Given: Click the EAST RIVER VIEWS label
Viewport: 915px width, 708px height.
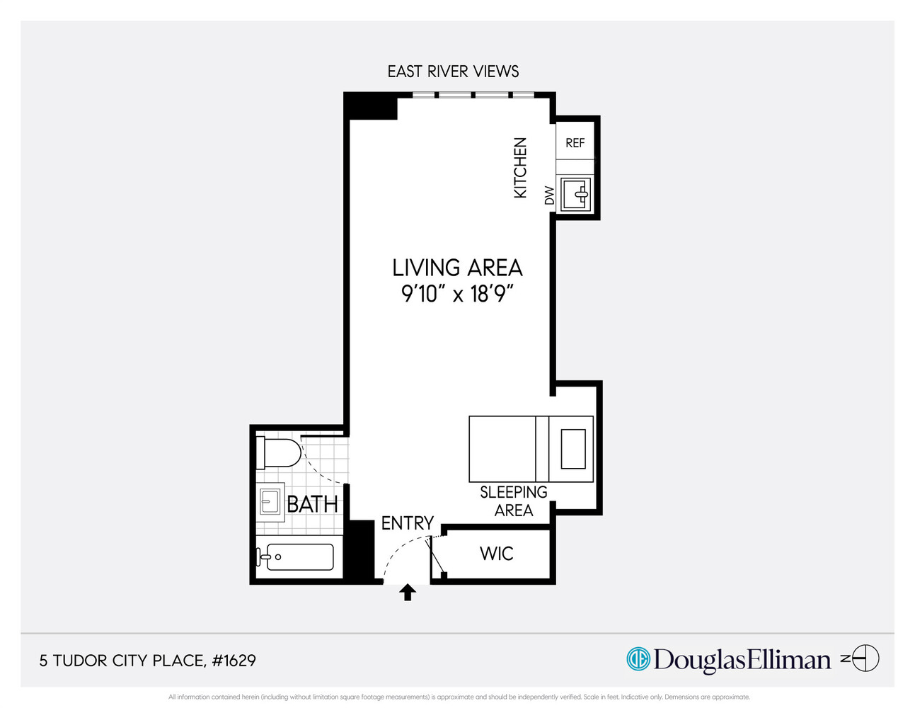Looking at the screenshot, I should click(453, 72).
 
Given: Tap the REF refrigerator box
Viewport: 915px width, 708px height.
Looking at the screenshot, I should click(575, 143).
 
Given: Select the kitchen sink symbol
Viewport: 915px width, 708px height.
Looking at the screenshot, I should click(575, 194).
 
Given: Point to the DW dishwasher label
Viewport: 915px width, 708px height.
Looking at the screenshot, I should click(549, 195).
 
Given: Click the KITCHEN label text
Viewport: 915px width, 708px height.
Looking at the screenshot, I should click(520, 168).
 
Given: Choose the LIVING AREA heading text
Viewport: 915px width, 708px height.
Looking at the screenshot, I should click(457, 268).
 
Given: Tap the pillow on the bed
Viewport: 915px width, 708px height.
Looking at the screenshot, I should click(573, 449).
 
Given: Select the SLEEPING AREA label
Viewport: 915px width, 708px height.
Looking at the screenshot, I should click(514, 501).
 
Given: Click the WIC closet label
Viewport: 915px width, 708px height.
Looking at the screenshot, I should click(496, 554).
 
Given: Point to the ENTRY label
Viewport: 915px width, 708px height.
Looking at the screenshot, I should click(407, 523).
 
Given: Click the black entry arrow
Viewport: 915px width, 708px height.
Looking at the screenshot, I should click(408, 592).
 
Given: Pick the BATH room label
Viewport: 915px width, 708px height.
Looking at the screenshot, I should click(312, 504).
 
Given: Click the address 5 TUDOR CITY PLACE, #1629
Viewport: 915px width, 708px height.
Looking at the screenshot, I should click(147, 661).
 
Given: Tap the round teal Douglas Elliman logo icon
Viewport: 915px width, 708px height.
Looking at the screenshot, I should click(638, 659).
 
